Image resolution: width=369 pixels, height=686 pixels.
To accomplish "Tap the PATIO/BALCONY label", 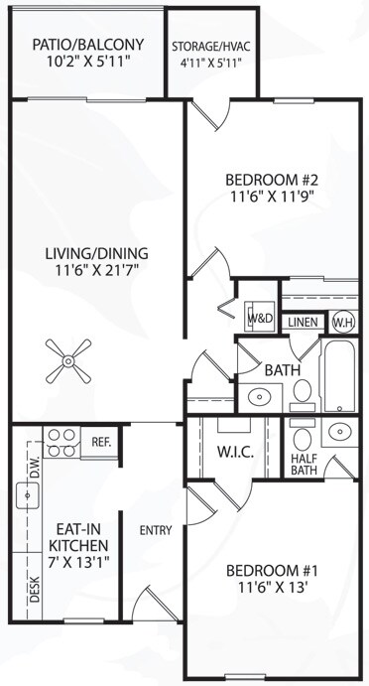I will point(87,45).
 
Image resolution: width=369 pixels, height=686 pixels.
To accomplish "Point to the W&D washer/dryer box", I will point(260,319).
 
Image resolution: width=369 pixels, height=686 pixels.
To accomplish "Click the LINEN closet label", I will point(303,323).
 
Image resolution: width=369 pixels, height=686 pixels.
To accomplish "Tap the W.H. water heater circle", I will point(342,322).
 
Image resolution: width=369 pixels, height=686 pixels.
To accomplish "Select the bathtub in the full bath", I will point(338,376).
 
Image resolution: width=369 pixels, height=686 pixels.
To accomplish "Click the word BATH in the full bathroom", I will point(282,370).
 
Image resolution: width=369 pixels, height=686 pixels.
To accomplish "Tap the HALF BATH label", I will point(303,464).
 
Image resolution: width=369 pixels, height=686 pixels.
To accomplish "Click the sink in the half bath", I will point(340,432).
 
